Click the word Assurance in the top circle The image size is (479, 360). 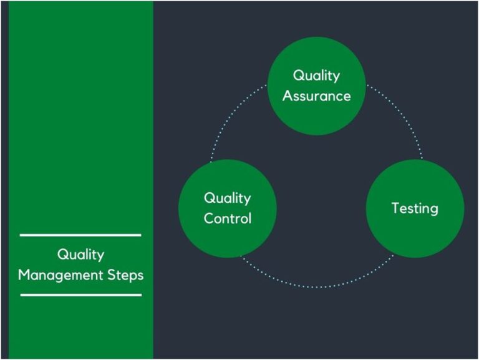point(316,96)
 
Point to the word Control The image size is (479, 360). point(228,218)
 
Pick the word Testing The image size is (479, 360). point(415,208)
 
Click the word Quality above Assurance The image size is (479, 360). point(316,75)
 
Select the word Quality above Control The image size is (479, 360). point(228,198)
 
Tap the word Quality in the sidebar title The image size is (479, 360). point(80,255)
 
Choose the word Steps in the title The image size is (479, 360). point(126,275)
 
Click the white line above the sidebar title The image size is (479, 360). point(80,235)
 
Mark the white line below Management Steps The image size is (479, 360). point(80,294)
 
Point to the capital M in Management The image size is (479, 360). point(24,275)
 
